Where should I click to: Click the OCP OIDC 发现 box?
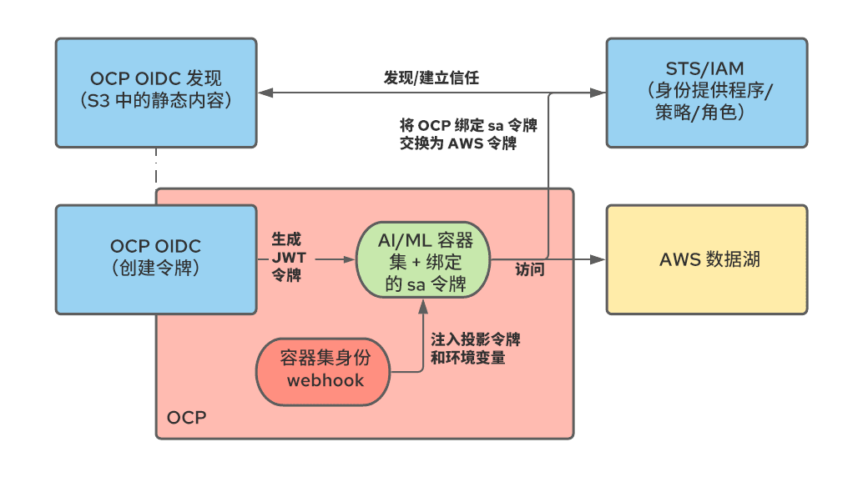coord(156,92)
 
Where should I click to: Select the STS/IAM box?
coord(706,92)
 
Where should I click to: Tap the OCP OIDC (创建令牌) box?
coord(156,259)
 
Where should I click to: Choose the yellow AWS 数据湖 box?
coord(706,259)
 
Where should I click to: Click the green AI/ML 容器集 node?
coord(424,260)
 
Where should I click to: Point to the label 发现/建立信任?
coord(431,78)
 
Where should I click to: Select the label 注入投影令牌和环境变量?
coord(475,349)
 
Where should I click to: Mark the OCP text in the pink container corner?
coord(186,417)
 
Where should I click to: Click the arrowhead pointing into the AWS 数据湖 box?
coord(598,259)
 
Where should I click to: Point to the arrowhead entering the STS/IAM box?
coord(598,92)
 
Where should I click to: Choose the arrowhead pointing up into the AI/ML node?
coord(424,306)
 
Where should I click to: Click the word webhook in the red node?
coord(326,380)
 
